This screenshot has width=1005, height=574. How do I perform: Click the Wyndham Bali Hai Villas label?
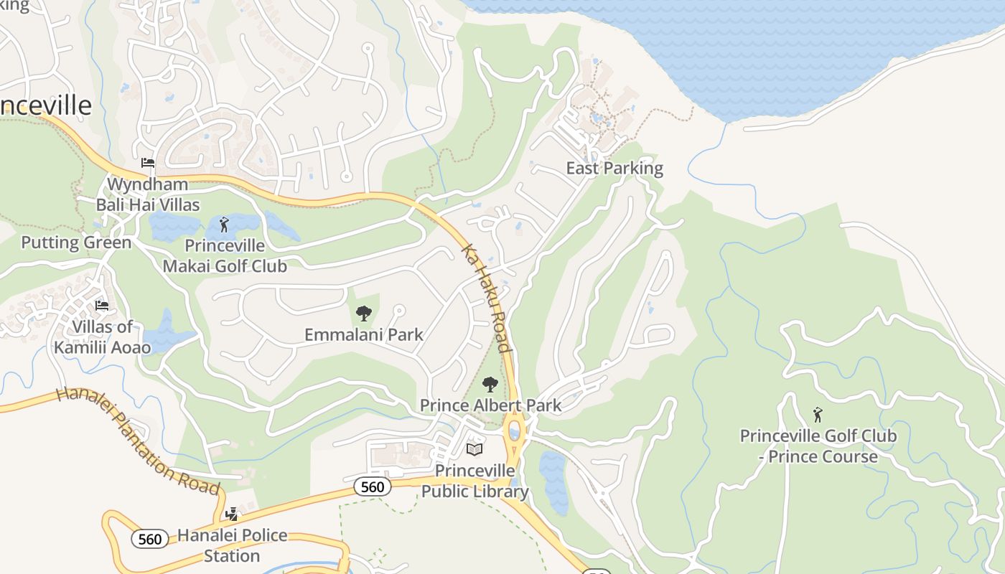(x=149, y=194)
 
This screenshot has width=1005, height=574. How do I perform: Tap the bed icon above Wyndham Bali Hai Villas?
(x=148, y=163)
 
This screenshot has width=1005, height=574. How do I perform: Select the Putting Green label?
(x=76, y=243)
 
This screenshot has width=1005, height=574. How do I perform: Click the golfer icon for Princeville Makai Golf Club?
(x=224, y=225)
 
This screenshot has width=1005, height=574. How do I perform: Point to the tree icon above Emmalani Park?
(x=364, y=314)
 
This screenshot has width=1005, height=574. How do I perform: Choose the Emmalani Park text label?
(x=364, y=334)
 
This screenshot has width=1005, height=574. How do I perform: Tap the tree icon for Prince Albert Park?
(x=490, y=385)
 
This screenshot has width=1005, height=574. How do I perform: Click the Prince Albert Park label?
(x=490, y=405)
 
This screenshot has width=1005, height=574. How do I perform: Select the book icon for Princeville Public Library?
(x=475, y=450)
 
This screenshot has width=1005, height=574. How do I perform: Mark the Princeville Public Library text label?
(x=475, y=481)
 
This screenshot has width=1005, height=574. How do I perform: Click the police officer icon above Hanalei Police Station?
(x=231, y=514)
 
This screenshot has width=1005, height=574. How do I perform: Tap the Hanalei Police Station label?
(x=232, y=545)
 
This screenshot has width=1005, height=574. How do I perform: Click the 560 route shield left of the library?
(x=373, y=486)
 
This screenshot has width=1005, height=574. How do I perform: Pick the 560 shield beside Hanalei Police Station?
(x=150, y=538)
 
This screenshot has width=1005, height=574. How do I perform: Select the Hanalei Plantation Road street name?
(x=138, y=441)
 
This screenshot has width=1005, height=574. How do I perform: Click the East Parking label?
(x=614, y=169)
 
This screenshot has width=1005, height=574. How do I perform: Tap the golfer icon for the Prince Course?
(x=817, y=415)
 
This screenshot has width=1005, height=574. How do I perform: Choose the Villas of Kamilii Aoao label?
(x=102, y=337)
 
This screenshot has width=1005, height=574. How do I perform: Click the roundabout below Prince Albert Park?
(x=514, y=432)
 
